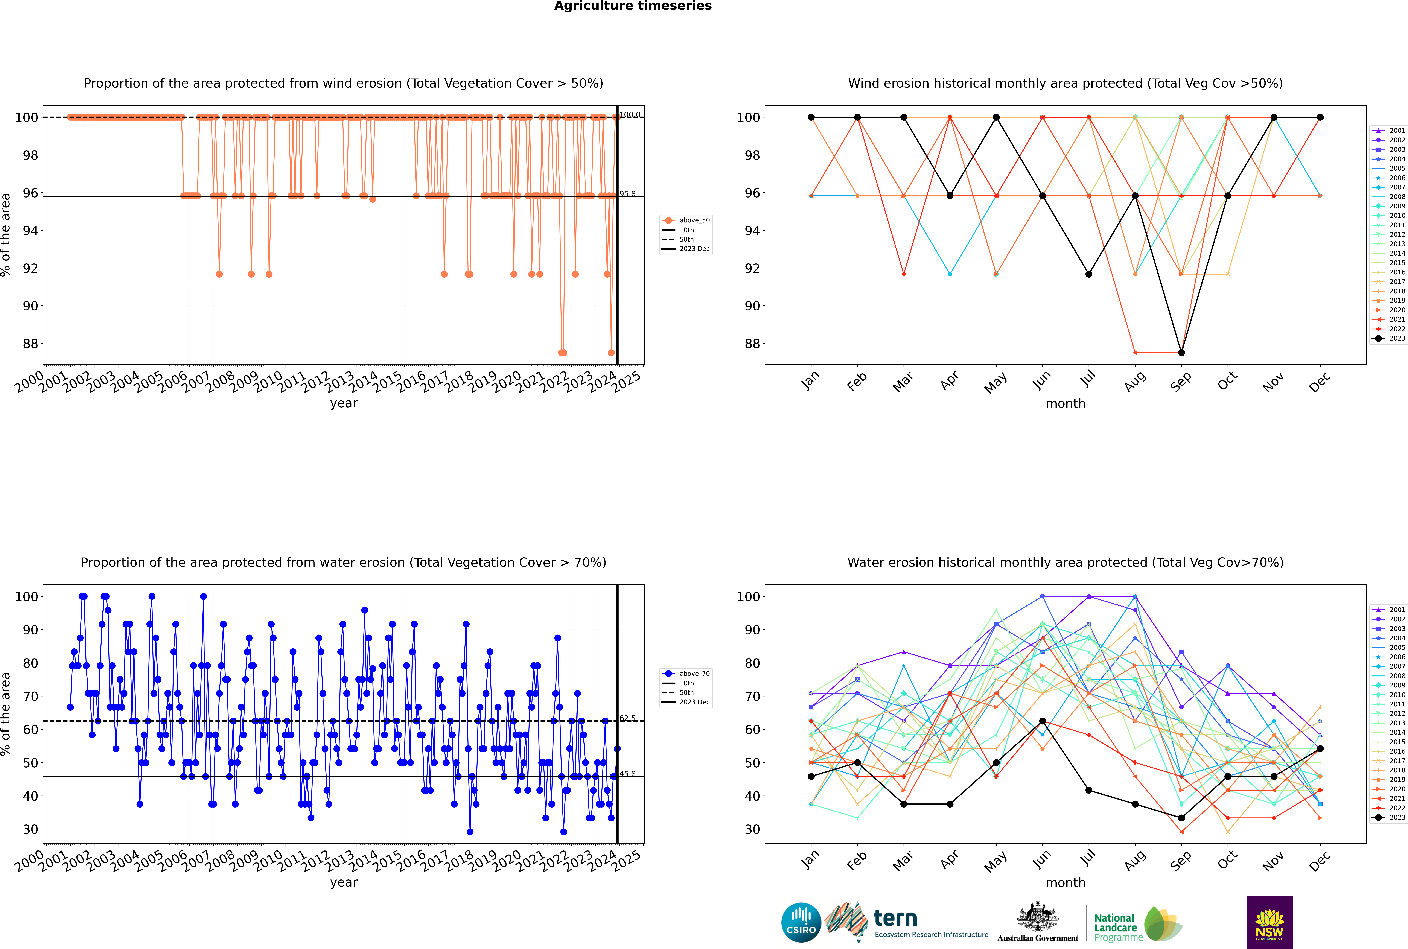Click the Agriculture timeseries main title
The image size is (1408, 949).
point(633,6)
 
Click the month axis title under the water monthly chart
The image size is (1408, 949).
point(1065,882)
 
